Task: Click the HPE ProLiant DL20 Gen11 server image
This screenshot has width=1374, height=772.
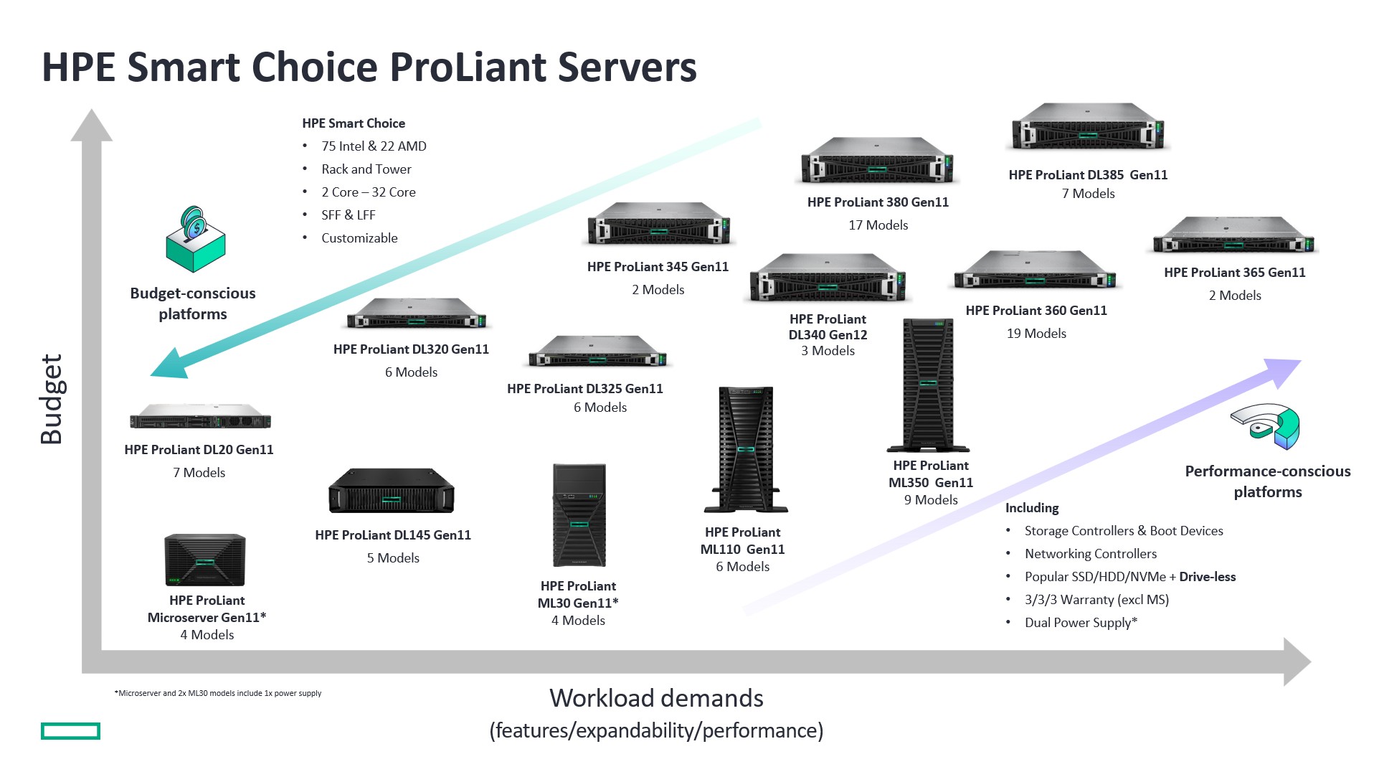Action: pos(200,417)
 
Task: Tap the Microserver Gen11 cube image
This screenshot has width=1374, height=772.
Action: pos(205,560)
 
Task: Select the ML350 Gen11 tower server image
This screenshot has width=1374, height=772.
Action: pos(928,385)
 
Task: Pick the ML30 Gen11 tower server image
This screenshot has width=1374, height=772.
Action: pos(579,515)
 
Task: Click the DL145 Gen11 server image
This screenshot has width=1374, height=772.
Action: pos(392,491)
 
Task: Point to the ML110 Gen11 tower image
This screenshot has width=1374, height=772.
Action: pos(746,450)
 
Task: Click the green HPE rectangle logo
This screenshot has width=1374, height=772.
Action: pos(70,731)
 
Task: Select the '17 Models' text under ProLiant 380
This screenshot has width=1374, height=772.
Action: pos(878,225)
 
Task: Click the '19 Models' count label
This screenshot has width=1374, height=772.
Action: pos(1036,334)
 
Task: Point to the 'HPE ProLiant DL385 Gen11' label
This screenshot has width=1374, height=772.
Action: pos(1088,175)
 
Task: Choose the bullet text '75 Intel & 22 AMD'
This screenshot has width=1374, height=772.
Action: pos(374,146)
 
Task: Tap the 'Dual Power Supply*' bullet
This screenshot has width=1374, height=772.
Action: pos(1081,623)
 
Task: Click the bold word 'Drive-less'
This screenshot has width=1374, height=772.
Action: pos(1208,577)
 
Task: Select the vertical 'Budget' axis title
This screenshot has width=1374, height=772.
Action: pos(52,399)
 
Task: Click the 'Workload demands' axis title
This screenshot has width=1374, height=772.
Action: pos(656,698)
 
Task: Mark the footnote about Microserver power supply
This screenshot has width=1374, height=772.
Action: pos(218,693)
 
